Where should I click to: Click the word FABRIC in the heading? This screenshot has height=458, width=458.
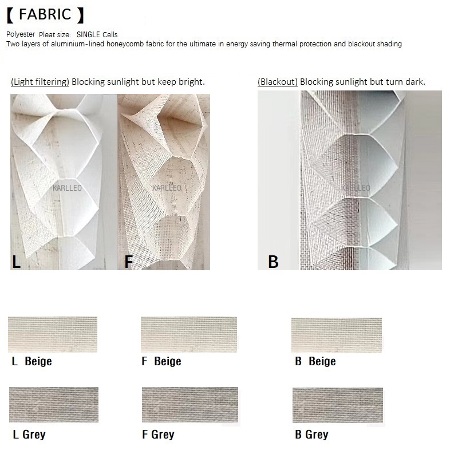[x=45, y=15]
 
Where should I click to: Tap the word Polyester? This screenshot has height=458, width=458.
[x=21, y=34]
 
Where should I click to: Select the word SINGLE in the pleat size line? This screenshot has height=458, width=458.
[x=88, y=34]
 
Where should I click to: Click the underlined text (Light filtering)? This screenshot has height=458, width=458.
[x=40, y=82]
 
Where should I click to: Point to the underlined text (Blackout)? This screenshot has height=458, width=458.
[x=278, y=82]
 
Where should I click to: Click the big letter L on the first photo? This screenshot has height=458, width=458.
[x=17, y=262]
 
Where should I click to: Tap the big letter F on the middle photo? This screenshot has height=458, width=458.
[x=128, y=262]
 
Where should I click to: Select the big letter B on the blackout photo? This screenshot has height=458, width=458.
[x=273, y=262]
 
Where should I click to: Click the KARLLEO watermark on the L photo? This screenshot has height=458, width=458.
[x=67, y=188]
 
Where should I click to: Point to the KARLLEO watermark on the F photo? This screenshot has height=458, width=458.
[x=167, y=188]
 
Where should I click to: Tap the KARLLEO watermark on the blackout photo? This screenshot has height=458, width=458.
[x=356, y=188]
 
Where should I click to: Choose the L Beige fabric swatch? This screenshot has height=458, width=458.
[x=53, y=334]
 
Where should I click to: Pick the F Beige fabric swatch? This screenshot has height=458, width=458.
[x=189, y=335]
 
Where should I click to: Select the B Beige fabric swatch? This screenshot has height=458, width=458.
[x=337, y=335]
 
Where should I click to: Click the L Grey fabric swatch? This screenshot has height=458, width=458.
[x=54, y=405]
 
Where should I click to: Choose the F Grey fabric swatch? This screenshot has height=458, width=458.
[x=190, y=405]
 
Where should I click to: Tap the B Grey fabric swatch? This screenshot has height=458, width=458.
[x=338, y=405]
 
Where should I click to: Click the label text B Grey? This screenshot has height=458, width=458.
[x=311, y=435]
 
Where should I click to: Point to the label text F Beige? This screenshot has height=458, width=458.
[x=161, y=361]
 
